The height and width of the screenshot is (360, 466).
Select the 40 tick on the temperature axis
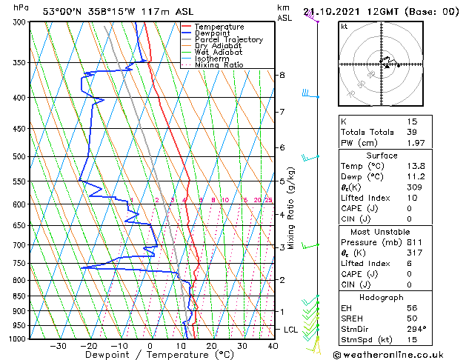tap(273, 346)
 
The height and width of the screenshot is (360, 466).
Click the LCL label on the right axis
tap(290, 329)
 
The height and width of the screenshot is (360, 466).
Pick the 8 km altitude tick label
tap(282, 76)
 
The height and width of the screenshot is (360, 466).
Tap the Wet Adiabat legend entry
tap(220, 53)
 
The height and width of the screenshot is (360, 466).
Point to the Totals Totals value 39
tap(412, 132)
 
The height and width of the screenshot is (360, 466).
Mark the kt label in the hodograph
tap(344, 27)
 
